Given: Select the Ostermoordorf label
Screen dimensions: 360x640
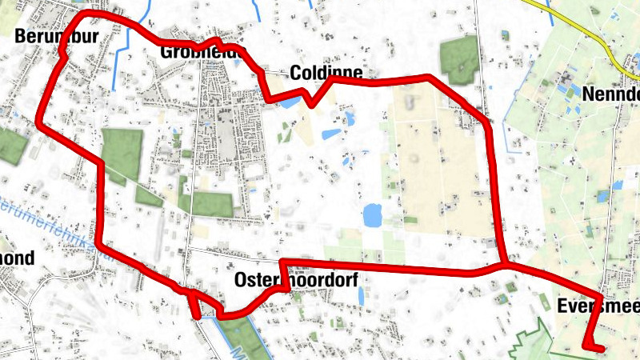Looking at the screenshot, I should pyautogui.click(x=296, y=280).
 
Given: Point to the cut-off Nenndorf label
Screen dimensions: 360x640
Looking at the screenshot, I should pyautogui.click(x=612, y=94).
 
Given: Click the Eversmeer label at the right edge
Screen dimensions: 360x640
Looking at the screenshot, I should pyautogui.click(x=597, y=306).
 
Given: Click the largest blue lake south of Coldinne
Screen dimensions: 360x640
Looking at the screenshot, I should pyautogui.click(x=372, y=214).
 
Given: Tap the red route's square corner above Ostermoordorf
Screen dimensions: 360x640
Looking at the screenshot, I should pyautogui.click(x=282, y=262).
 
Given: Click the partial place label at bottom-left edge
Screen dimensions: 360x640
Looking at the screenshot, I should pyautogui.click(x=18, y=258).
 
